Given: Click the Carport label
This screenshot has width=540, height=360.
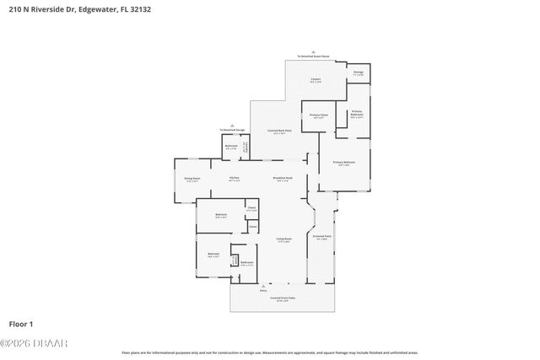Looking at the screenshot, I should click(x=313, y=81).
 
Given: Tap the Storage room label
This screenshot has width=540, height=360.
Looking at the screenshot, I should click(x=359, y=73).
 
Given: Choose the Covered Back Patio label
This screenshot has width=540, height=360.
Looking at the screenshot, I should click(x=280, y=131).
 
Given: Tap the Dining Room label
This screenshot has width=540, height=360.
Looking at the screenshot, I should click(x=192, y=179).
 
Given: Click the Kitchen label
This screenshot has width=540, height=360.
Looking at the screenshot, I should click(x=235, y=178).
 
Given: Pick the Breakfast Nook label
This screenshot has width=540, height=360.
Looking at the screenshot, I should click(x=283, y=178).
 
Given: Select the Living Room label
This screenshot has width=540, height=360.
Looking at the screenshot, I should click(x=284, y=239).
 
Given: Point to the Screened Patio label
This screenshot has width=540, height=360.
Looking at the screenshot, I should click(x=322, y=237).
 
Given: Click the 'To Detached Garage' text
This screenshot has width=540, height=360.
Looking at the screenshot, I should click(x=232, y=130).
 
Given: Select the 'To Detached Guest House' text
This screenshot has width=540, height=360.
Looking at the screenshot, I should click(x=313, y=56).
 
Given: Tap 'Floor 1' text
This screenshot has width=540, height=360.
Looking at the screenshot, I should click(x=20, y=324).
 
